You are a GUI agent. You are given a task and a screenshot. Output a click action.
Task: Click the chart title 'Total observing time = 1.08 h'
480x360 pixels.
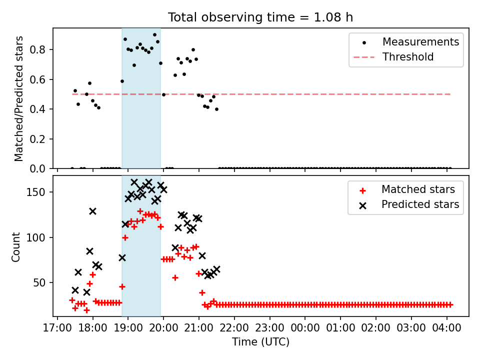(260, 17)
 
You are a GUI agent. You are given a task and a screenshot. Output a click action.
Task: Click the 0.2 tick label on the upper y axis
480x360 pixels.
(37, 139)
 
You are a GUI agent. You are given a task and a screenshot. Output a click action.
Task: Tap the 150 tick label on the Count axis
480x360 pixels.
(36, 192)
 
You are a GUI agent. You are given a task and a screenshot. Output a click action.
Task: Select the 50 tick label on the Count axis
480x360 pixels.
(39, 283)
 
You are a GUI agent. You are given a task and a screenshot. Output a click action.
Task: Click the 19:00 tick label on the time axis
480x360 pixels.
(127, 328)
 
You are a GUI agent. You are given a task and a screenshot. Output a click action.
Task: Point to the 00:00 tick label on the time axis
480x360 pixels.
(305, 328)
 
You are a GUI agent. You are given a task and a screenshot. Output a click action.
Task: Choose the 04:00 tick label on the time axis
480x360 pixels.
(446, 328)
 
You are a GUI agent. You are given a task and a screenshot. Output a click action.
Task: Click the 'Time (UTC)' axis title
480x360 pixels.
(260, 342)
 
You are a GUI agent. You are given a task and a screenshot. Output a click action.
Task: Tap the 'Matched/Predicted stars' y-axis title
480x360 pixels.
(19, 98)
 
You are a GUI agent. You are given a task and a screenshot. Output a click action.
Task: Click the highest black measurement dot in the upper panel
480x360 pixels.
(154, 35)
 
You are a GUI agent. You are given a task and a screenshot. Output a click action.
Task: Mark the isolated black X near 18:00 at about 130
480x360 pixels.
(93, 211)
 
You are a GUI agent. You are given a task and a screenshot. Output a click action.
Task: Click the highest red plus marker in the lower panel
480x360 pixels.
(140, 211)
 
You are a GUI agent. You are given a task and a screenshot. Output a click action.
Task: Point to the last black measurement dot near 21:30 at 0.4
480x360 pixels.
(216, 109)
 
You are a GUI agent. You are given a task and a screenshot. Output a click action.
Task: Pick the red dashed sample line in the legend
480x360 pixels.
(364, 57)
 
